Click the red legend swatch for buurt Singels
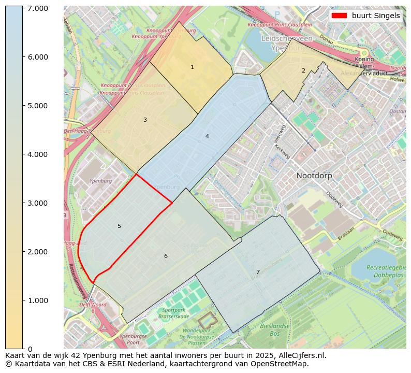[340, 16]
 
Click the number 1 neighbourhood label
[192, 67]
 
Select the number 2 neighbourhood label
[303, 70]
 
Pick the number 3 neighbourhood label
[145, 120]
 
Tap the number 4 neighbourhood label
[207, 137]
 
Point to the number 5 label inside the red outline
[119, 226]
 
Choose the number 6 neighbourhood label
[166, 256]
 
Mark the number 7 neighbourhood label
[258, 272]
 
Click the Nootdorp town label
[314, 176]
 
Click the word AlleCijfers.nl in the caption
[301, 355]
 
